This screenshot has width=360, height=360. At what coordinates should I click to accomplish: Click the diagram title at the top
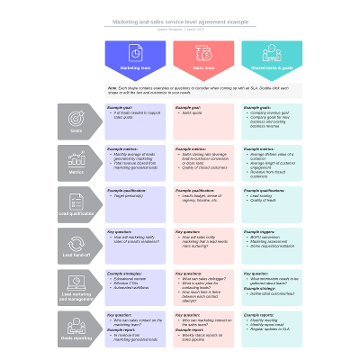click(x=180, y=21)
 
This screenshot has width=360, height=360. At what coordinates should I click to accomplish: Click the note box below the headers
click(x=203, y=92)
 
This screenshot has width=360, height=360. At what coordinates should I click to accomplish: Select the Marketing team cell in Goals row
click(x=135, y=121)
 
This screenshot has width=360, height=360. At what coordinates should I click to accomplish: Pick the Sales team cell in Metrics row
click(x=203, y=163)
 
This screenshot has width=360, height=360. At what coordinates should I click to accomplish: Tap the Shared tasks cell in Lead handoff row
click(x=272, y=246)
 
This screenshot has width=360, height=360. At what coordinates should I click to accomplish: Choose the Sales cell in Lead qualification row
click(x=203, y=203)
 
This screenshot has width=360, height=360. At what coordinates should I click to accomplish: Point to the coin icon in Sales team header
click(x=203, y=52)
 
